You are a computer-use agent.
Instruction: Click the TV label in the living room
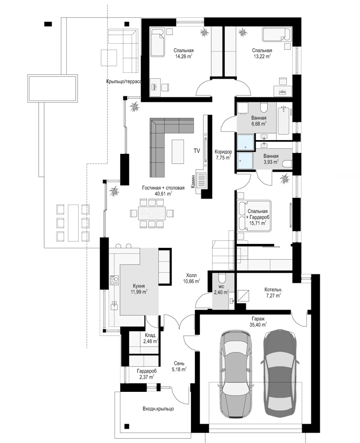click(196, 151)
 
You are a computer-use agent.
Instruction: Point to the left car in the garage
click(235, 374)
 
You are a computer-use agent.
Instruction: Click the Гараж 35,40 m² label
click(258, 322)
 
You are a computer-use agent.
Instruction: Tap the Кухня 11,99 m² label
click(139, 289)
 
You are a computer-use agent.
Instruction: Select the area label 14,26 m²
click(184, 56)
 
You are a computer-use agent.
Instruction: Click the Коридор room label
click(223, 152)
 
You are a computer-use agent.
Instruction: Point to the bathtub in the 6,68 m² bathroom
click(283, 120)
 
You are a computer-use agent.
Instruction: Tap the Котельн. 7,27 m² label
click(273, 293)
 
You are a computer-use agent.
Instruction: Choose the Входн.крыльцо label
click(158, 409)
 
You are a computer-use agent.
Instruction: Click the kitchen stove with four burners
click(114, 280)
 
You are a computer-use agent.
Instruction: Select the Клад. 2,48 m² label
click(150, 338)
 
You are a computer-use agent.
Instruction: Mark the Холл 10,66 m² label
click(191, 278)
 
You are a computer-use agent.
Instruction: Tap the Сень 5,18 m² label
click(179, 366)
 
